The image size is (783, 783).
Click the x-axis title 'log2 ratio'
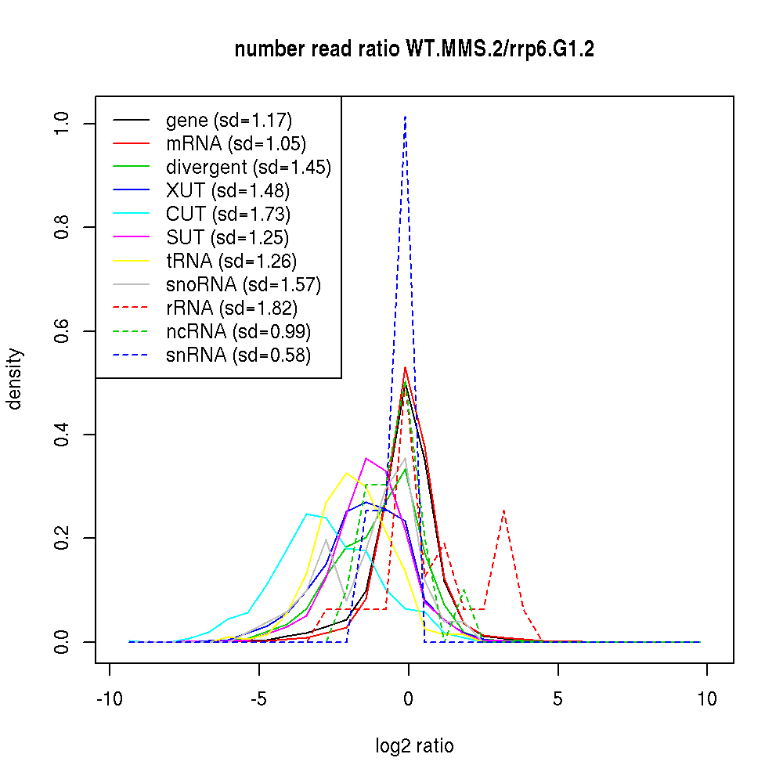pyautogui.click(x=414, y=745)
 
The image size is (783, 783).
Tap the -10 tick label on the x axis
pyautogui.click(x=109, y=699)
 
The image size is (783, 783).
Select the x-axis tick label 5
pyautogui.click(x=557, y=699)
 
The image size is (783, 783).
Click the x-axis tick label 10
pyautogui.click(x=707, y=699)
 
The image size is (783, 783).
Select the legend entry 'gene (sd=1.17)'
pyautogui.click(x=229, y=121)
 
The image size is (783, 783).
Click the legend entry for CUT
pyautogui.click(x=228, y=215)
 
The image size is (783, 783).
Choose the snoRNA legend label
pyautogui.click(x=244, y=285)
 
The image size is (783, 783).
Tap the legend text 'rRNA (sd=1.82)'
pyautogui.click(x=232, y=309)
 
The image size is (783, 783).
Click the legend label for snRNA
pyautogui.click(x=238, y=355)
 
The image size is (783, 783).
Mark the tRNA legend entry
pyautogui.click(x=231, y=262)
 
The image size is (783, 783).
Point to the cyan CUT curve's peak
pyautogui.click(x=308, y=514)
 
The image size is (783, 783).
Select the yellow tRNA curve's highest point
pyautogui.click(x=346, y=472)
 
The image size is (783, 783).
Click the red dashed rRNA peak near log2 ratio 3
pyautogui.click(x=503, y=511)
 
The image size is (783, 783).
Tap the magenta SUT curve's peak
pyautogui.click(x=366, y=458)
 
